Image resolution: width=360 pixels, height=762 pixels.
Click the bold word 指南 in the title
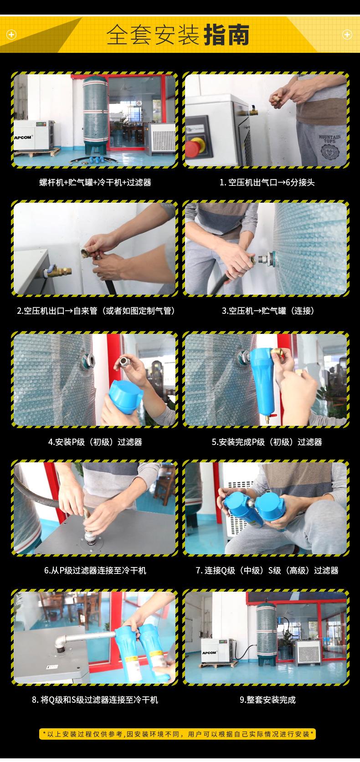point(226,36)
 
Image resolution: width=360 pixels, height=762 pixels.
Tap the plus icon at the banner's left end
point(11,35)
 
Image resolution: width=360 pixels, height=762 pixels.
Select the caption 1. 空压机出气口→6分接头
point(267,183)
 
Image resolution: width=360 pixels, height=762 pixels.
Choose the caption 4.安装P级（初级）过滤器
point(95,442)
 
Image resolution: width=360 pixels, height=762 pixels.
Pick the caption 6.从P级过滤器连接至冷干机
point(95,570)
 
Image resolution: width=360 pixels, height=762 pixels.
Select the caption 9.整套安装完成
point(267,700)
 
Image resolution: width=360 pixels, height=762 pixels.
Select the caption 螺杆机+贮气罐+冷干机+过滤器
point(95,183)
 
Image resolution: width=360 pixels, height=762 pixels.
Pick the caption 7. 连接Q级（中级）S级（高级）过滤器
point(267,570)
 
